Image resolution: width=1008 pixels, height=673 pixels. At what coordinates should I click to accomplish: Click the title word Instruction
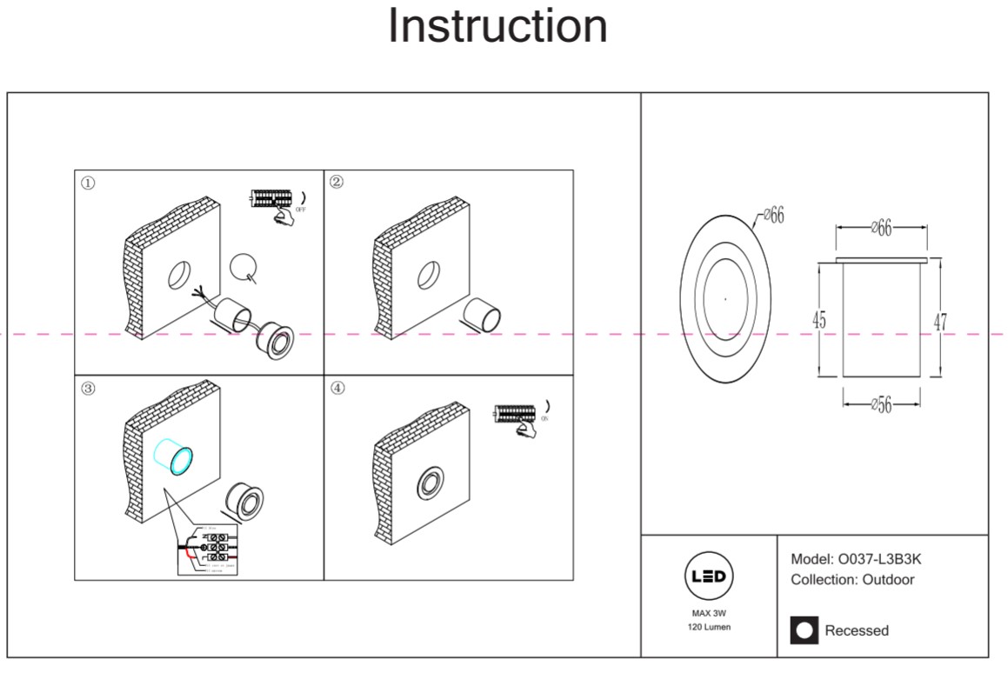[497, 25]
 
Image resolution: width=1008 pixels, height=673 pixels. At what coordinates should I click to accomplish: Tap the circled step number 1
[88, 183]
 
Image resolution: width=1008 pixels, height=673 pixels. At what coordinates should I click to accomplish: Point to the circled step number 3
[88, 388]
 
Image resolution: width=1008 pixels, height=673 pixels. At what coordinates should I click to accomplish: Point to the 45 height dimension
[819, 320]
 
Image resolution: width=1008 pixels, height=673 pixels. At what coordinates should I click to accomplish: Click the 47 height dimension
[940, 321]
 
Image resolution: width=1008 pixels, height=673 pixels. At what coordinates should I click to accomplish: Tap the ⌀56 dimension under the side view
[882, 405]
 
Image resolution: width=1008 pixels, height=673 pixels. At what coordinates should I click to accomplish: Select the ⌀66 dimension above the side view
[882, 229]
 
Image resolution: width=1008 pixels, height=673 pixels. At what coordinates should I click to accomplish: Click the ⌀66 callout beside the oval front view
[771, 215]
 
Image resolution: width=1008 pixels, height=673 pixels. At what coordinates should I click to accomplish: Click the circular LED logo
[710, 576]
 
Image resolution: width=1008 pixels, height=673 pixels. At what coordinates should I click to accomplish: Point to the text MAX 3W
[710, 613]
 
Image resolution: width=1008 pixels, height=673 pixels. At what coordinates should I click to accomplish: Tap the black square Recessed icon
[804, 630]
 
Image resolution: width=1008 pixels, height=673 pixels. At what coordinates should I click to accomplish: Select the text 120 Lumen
[710, 627]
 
